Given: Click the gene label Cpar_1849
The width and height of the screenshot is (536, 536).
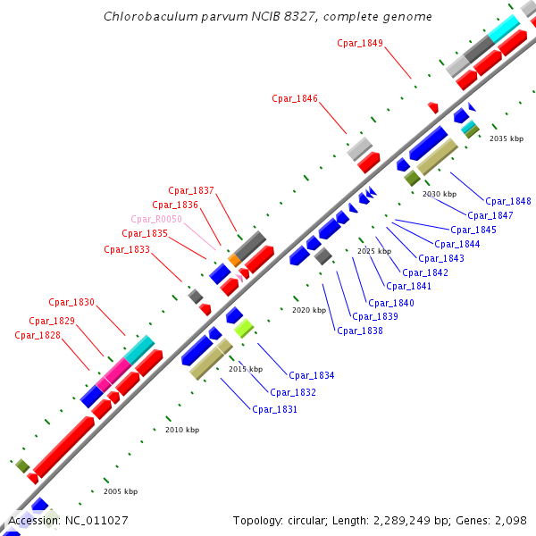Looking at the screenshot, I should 360,43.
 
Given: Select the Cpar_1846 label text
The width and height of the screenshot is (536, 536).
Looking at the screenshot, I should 295,99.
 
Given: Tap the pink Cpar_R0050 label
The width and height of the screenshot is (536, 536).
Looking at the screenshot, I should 156,219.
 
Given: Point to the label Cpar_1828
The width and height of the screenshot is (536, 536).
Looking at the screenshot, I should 38,335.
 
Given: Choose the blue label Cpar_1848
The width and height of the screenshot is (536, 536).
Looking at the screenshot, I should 508,201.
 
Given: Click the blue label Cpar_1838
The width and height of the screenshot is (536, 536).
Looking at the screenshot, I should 360,331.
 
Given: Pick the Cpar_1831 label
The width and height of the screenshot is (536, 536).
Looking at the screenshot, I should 274,409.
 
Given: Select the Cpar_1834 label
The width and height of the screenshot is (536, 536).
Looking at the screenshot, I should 311,375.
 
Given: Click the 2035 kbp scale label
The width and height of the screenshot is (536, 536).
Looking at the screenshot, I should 507,138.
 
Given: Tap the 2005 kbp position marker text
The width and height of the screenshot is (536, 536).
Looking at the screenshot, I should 120,491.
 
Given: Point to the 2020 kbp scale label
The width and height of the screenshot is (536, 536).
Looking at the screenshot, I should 308,310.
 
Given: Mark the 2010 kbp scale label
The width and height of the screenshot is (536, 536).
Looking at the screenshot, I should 182,430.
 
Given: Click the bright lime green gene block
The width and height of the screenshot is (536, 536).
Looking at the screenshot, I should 244,328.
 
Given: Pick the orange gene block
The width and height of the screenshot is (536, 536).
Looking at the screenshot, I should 234,259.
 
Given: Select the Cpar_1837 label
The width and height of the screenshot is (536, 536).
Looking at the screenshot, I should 191,190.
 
